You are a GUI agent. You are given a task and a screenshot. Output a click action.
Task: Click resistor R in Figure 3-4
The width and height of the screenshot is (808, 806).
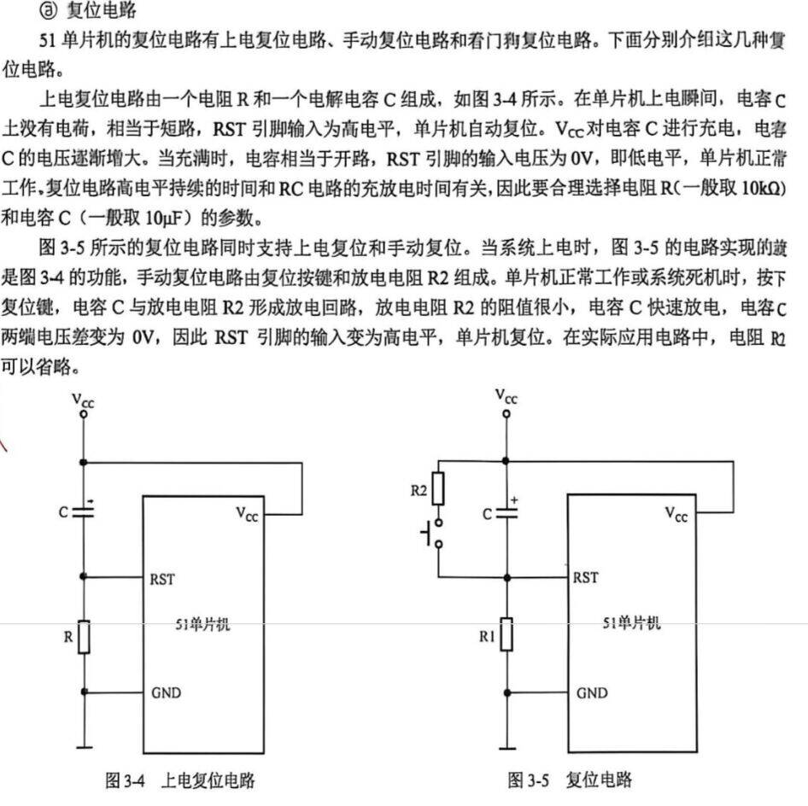pos(84,637)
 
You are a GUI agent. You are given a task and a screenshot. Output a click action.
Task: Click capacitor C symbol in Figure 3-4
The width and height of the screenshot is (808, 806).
pos(84,512)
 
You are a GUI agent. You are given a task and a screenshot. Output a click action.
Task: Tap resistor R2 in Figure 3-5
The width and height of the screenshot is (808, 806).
pos(438,488)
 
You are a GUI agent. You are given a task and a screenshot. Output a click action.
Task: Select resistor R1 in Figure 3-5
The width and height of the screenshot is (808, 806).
pos(507,634)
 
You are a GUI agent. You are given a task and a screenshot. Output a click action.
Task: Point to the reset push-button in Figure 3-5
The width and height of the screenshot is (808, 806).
pos(433,533)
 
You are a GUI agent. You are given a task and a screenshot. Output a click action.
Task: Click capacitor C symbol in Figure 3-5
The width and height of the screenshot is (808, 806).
pos(507,512)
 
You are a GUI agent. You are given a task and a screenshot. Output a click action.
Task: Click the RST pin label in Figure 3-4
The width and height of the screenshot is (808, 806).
pos(162,580)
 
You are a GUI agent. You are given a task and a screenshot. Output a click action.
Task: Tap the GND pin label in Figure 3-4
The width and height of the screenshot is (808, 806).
pos(166,692)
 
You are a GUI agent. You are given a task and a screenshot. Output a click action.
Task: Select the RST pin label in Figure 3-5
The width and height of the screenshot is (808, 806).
pos(586,577)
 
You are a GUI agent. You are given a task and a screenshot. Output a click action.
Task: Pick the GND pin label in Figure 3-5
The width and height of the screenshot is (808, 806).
pos(592,692)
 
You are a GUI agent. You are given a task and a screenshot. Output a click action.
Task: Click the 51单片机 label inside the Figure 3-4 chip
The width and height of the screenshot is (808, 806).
pos(202,624)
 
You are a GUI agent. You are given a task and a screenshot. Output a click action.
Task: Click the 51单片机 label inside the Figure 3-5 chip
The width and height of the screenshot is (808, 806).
pos(632,622)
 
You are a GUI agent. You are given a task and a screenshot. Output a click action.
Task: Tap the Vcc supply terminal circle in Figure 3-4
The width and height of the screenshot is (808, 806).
pos(84,413)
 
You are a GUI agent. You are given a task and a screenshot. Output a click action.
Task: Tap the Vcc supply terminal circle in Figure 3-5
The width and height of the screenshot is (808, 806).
pos(506,413)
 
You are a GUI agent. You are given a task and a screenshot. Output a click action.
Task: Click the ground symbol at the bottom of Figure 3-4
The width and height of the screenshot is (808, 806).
pos(84,747)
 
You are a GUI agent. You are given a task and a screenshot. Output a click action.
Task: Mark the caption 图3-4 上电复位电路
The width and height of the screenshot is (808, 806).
pos(180,780)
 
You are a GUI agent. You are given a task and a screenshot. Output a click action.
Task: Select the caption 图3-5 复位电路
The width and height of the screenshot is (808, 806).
pos(570,780)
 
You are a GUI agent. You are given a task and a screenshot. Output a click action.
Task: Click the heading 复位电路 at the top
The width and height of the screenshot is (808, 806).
pos(102,9)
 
